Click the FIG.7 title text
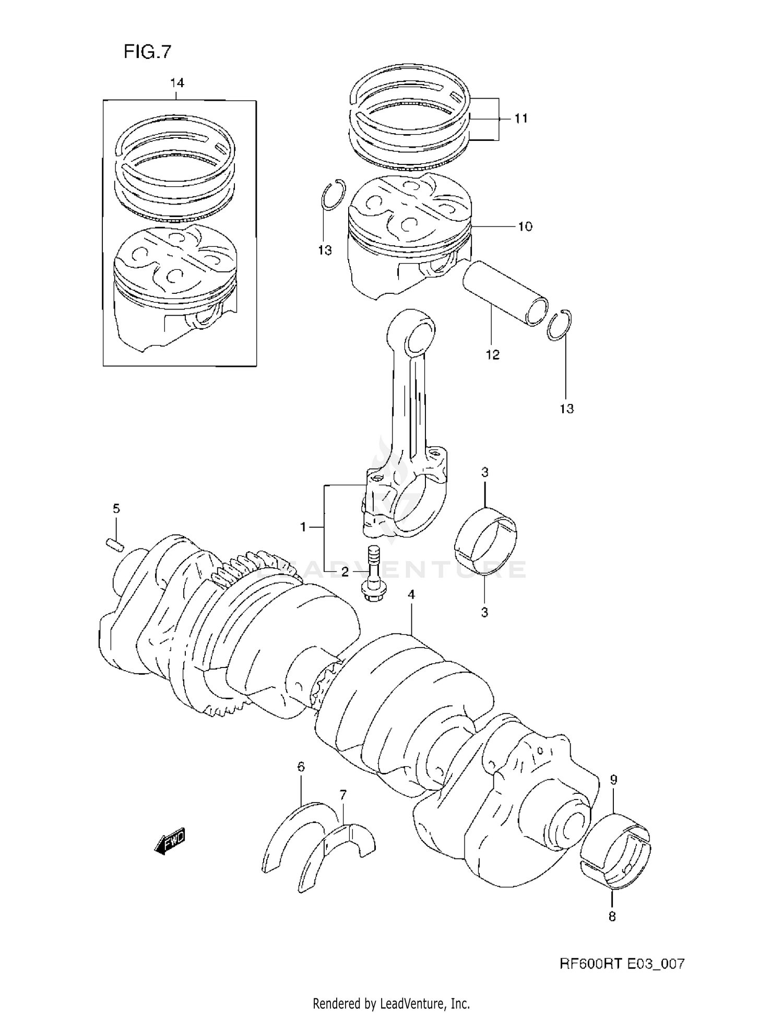[147, 52]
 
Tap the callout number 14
[177, 83]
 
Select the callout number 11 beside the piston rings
[520, 119]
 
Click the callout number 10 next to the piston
[525, 227]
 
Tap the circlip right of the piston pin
[560, 325]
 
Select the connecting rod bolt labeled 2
[373, 575]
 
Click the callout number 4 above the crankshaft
[411, 594]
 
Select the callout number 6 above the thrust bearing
[301, 767]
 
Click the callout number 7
[342, 795]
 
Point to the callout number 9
[613, 780]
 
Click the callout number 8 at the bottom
[612, 916]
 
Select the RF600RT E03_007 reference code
[622, 964]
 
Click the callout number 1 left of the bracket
[303, 528]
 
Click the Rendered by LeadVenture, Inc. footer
[391, 1003]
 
